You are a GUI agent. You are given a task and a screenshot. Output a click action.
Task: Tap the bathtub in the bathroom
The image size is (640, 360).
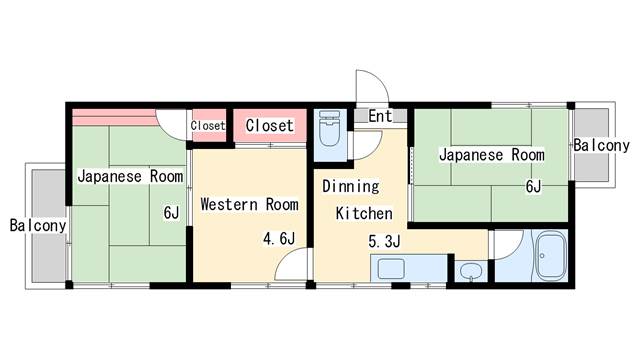550,256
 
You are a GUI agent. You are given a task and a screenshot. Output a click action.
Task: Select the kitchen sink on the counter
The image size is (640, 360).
391,269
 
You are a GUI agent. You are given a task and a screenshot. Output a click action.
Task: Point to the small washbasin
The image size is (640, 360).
471,271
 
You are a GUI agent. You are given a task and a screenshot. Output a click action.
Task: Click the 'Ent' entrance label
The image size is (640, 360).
380,116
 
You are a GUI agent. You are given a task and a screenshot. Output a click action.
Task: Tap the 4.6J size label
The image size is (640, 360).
279,238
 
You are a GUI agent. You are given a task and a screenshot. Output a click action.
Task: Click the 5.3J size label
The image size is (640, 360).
384,241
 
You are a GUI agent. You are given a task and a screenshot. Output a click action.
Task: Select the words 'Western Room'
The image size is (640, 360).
249,204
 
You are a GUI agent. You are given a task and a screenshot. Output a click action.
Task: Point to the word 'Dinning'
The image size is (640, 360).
351,186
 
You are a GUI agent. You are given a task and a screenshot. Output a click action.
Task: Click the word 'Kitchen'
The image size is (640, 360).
364,213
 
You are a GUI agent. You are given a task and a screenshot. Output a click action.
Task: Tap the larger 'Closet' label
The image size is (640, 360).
269,125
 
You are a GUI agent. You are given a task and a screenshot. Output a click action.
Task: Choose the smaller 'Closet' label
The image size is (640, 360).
208,125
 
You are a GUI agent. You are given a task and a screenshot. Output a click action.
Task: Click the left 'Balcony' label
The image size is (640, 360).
38,225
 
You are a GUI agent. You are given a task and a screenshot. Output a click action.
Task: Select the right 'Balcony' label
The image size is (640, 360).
601,145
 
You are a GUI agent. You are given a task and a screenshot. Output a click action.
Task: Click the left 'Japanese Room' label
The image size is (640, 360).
130,176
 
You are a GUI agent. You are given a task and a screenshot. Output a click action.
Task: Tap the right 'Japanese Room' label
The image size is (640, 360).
492,155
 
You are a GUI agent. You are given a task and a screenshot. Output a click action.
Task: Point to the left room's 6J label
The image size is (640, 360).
171,212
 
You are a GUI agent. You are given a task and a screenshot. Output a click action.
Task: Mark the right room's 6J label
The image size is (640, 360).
533,186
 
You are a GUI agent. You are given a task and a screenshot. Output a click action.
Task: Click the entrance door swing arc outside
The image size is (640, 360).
381,79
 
